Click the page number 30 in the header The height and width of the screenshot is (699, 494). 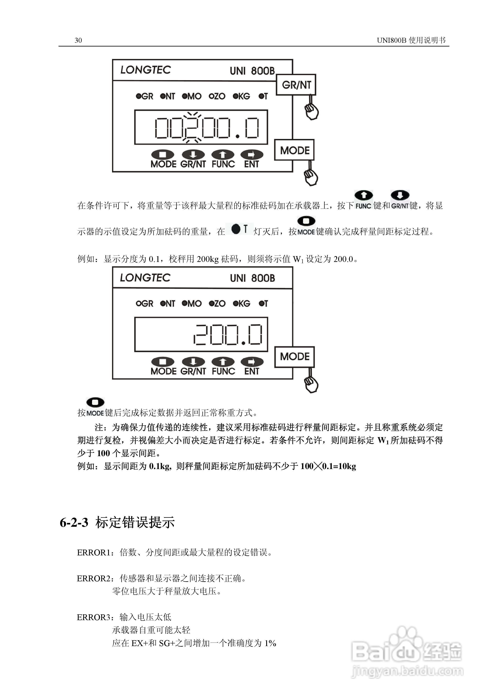[78, 40]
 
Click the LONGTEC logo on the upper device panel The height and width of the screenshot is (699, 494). [145, 70]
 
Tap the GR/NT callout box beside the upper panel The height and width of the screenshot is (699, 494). [296, 85]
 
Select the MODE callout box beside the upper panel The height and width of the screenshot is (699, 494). [294, 150]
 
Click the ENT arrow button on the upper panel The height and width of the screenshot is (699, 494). [251, 155]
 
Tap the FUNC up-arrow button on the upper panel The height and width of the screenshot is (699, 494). [223, 155]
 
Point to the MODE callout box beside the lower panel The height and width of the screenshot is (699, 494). [294, 357]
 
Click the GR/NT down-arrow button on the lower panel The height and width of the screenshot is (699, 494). [193, 362]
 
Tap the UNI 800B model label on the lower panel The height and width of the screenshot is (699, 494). [252, 278]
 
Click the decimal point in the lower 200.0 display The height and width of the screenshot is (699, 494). [243, 343]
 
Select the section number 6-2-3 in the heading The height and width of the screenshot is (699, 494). [74, 522]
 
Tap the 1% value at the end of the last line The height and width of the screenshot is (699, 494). [270, 643]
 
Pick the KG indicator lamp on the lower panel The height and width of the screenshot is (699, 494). [235, 303]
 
